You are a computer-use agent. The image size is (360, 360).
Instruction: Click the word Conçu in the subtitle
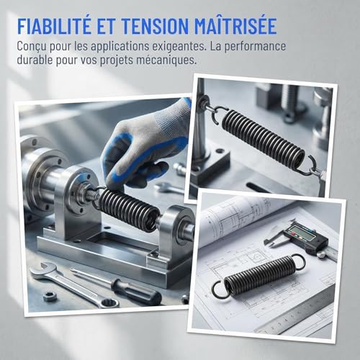(x=32, y=47)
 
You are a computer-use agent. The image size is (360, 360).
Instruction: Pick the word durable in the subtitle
(x=35, y=60)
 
